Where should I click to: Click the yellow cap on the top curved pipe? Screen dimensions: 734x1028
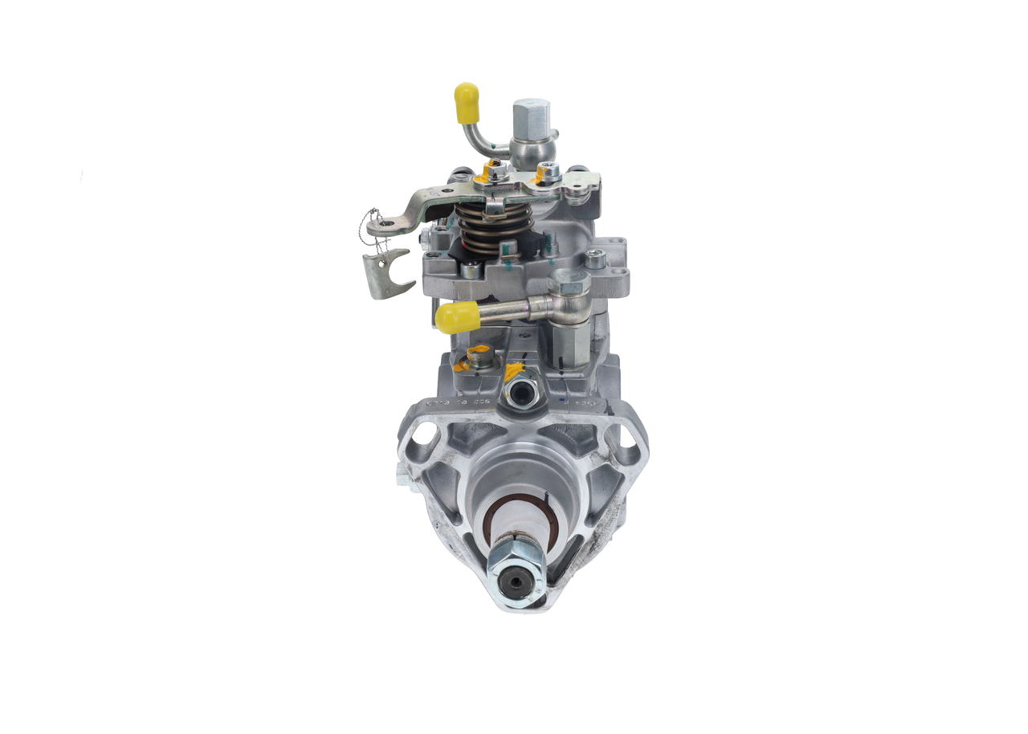467,103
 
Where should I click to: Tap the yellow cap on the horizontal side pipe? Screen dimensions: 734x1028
457,318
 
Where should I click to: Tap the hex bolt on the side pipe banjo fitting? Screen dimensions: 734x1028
569,282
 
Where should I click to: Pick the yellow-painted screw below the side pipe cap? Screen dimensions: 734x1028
479,357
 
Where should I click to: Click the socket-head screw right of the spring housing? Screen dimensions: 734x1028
594,259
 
